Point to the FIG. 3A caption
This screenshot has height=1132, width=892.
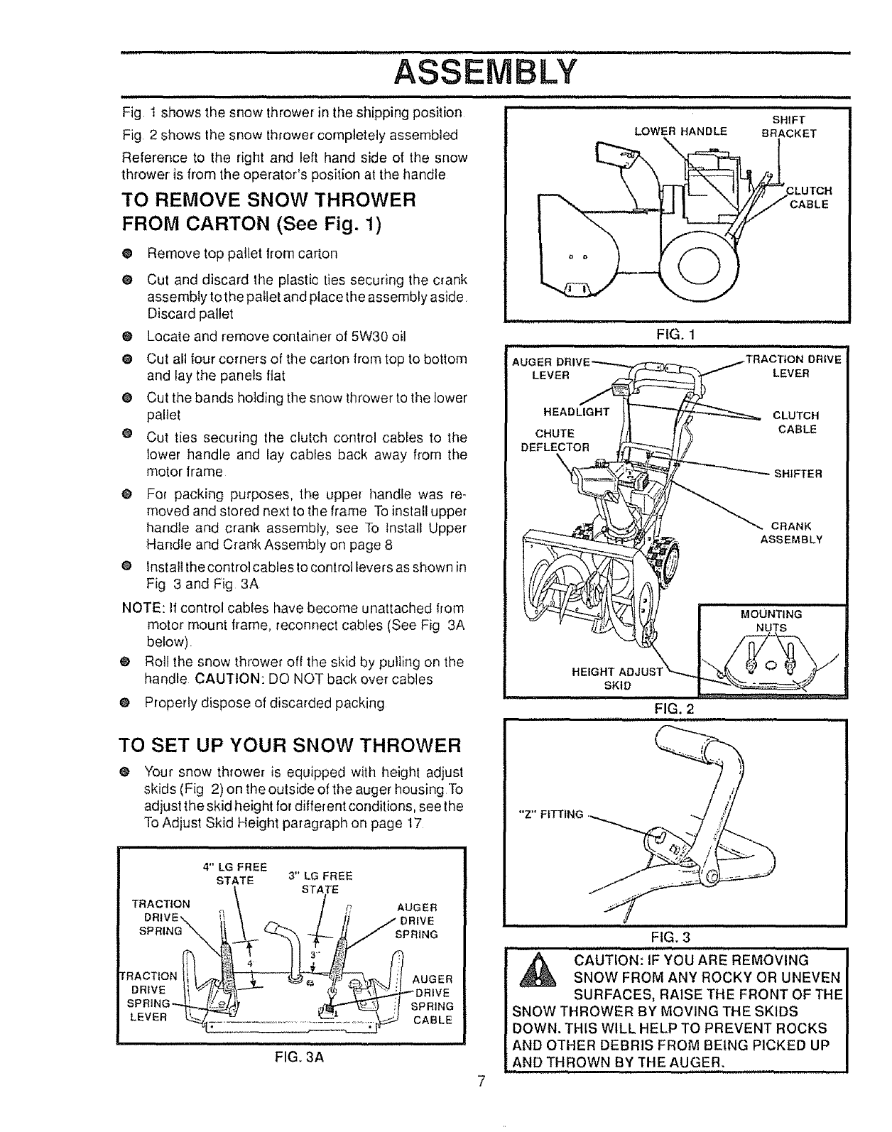click(x=290, y=1056)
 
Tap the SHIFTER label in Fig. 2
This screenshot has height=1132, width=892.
click(x=798, y=474)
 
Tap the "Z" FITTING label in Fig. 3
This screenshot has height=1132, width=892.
click(x=553, y=814)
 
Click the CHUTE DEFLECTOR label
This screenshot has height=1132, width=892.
click(x=555, y=440)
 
